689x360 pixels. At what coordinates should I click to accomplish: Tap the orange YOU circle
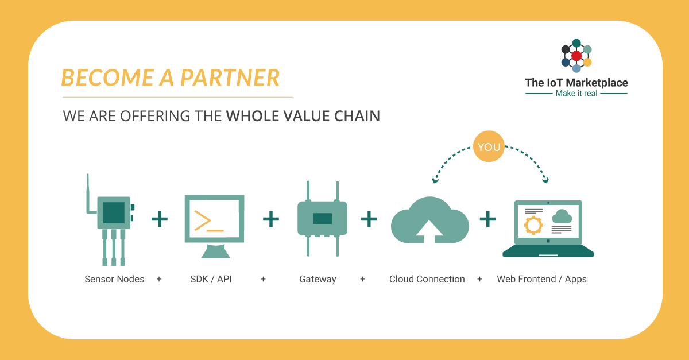tap(489, 147)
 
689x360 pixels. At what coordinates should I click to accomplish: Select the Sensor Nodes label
tap(114, 279)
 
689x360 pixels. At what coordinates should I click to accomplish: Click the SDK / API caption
tap(210, 279)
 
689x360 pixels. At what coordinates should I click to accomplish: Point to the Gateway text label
tap(318, 279)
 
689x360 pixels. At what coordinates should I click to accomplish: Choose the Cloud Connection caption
tap(427, 279)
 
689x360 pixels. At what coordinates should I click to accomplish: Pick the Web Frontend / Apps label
tap(541, 279)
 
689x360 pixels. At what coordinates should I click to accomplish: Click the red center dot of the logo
tap(576, 56)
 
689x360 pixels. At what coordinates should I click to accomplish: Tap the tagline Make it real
tap(576, 93)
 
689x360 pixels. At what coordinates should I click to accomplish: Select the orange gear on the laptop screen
tap(533, 224)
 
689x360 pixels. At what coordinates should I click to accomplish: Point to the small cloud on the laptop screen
tap(561, 216)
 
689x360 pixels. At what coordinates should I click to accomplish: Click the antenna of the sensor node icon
tap(89, 192)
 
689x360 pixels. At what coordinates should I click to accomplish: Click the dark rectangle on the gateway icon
tap(322, 218)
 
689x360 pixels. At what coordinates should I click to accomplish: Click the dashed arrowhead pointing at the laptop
tap(544, 180)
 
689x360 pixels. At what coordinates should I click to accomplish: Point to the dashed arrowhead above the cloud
tap(435, 180)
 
